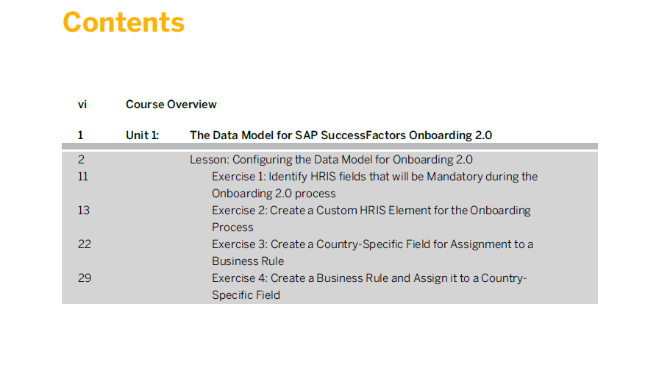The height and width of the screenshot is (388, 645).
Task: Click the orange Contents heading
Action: tap(124, 22)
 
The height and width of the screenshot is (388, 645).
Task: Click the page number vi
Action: tap(82, 105)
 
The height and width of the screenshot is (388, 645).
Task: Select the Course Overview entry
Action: tap(171, 105)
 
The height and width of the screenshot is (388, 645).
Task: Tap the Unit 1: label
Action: tap(143, 135)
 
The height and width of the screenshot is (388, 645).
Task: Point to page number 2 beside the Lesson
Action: tap(81, 160)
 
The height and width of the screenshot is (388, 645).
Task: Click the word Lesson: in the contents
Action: tap(210, 160)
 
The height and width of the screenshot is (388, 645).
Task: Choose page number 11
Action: tap(82, 176)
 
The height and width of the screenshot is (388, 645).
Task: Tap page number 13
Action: tap(84, 210)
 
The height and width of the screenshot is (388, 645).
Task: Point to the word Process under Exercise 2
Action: tap(232, 227)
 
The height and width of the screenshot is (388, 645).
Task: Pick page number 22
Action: tap(85, 244)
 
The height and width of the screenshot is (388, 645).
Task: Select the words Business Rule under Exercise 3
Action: tap(248, 261)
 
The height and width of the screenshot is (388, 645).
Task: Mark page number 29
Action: tap(85, 278)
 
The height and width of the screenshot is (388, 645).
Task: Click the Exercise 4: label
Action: tap(240, 278)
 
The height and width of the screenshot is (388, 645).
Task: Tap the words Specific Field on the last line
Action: tap(246, 295)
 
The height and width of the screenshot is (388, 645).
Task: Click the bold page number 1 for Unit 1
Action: tap(81, 135)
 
